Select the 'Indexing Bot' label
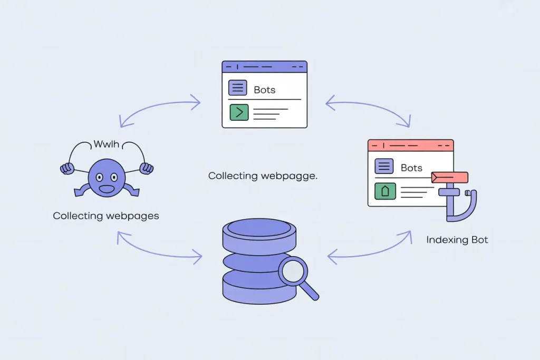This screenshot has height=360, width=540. [x=457, y=240]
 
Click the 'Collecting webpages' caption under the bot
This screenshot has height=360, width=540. [x=106, y=216]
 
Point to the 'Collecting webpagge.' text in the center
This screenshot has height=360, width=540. [x=263, y=176]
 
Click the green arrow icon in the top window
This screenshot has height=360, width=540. [x=239, y=112]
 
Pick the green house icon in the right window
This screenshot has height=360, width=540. [x=385, y=191]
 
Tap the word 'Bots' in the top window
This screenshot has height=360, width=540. [x=264, y=90]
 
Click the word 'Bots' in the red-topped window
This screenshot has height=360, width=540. [x=411, y=168]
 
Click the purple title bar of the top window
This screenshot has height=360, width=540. [x=264, y=67]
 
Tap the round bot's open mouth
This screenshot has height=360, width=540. [x=107, y=188]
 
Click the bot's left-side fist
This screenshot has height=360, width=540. [x=67, y=169]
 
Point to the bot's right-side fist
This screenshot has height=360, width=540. [x=146, y=169]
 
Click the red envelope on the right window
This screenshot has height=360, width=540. [x=450, y=177]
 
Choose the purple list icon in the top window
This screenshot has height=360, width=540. [x=237, y=88]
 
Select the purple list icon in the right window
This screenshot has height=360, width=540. [x=384, y=167]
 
